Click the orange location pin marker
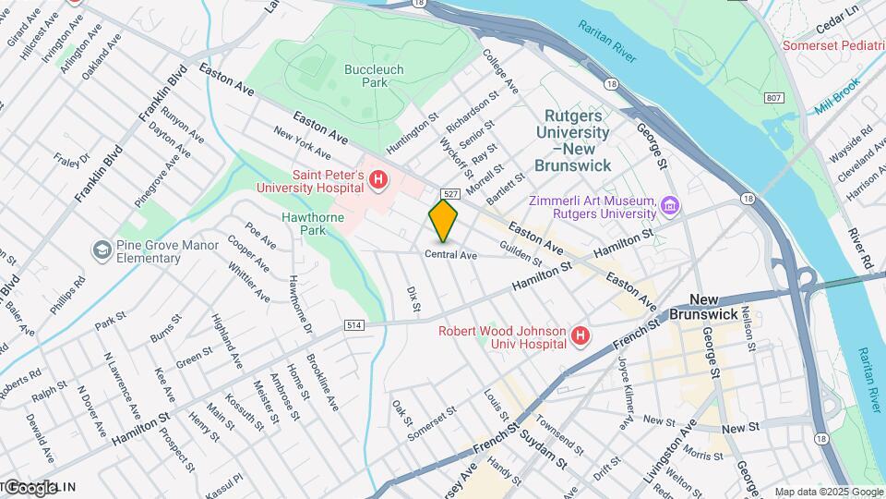pyautogui.click(x=443, y=220)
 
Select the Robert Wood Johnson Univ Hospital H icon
pyautogui.click(x=580, y=336)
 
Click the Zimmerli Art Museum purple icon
pyautogui.click(x=670, y=204)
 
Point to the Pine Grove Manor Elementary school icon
pyautogui.click(x=101, y=250)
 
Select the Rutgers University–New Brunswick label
pyautogui.click(x=577, y=140)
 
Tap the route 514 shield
pyautogui.click(x=355, y=325)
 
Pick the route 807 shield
pyautogui.click(x=772, y=98)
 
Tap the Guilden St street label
pyautogui.click(x=519, y=250)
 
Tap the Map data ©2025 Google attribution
pyautogui.click(x=828, y=492)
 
